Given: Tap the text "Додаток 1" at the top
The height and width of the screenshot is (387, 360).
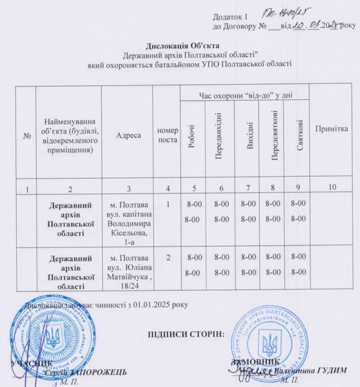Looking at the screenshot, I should pyautogui.click(x=229, y=17).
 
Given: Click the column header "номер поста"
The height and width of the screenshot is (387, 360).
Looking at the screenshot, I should pyautogui.click(x=167, y=135).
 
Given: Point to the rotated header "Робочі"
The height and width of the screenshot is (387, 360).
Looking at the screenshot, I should pyautogui.click(x=192, y=137).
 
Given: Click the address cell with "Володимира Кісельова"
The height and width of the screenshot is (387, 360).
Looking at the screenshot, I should pyautogui.click(x=128, y=220).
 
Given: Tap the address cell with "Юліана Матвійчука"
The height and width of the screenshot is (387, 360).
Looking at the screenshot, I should pyautogui.click(x=128, y=271).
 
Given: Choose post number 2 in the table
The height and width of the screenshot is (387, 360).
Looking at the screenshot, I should pyautogui.click(x=167, y=257).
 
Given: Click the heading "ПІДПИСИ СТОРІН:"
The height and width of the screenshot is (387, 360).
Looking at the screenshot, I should pyautogui.click(x=186, y=334).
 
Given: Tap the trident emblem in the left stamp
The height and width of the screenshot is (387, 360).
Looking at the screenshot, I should pyautogui.click(x=53, y=338).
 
